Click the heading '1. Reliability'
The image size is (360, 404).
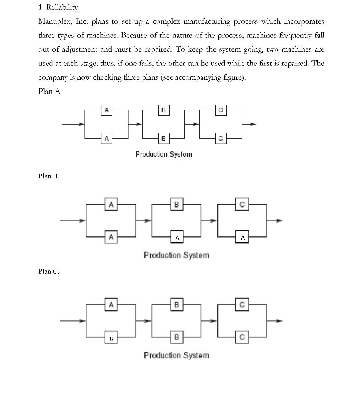point(58,7)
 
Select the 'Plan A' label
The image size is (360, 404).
point(49,91)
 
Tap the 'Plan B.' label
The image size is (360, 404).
point(49,176)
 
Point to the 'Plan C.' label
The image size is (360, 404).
point(49,271)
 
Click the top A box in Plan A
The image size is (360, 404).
point(106,111)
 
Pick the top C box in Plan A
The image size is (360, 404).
point(221,111)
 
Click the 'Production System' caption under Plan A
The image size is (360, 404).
point(163,154)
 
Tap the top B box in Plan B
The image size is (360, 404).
point(176,204)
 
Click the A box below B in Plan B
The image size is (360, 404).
point(177,238)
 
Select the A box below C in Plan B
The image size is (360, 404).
point(243,238)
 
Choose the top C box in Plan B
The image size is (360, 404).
point(242,204)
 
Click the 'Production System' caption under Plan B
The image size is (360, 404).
point(176,255)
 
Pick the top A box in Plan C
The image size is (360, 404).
point(111,305)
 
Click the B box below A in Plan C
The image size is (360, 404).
point(111,338)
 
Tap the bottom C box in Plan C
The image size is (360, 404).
point(242,337)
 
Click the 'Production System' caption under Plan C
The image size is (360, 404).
point(176,355)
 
